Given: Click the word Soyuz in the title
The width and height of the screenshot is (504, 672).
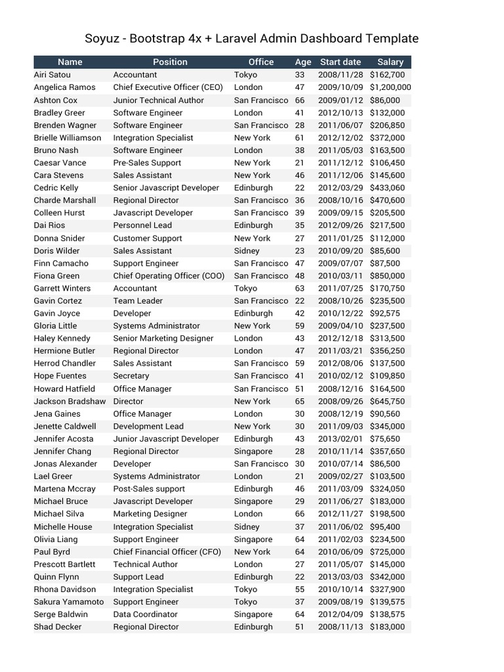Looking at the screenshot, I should (104, 38).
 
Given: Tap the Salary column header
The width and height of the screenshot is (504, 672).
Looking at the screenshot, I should (390, 62).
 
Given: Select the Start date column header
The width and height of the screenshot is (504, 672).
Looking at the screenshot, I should (340, 62).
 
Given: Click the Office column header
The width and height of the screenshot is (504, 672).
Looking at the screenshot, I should (261, 62).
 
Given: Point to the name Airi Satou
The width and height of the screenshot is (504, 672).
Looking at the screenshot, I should (52, 75).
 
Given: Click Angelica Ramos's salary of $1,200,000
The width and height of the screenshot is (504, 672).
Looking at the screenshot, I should (390, 87).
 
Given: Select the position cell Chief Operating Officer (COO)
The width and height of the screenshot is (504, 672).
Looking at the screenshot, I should (169, 276).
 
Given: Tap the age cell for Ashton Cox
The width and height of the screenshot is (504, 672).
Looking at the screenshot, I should (300, 100).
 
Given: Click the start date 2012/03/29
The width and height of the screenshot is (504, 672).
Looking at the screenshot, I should (340, 188).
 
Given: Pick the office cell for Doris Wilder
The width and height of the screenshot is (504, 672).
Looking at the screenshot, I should (247, 251).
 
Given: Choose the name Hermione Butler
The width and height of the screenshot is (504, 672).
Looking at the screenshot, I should (64, 351).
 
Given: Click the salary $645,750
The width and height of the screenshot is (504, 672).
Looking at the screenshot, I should (387, 401).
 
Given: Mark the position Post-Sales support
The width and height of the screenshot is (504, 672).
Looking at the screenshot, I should (149, 489).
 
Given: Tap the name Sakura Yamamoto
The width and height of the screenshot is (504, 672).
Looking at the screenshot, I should (69, 602).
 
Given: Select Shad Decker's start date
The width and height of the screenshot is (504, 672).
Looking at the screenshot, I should (340, 627).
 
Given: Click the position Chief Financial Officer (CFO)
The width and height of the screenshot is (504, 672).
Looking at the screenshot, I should (167, 552).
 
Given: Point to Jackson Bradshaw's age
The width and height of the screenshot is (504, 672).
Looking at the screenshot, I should (300, 401).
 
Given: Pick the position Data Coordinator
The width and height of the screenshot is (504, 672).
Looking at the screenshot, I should (145, 614).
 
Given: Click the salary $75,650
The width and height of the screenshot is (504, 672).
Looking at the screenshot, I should (385, 439).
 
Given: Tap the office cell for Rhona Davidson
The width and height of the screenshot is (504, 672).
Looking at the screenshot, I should (245, 589).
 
